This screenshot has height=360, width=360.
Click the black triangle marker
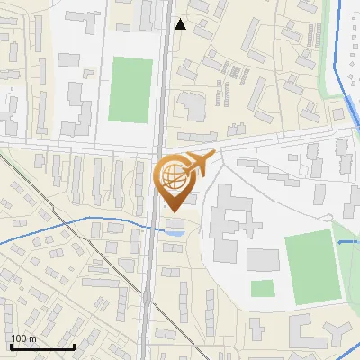coord(180,24)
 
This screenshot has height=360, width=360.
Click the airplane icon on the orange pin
coord(199,164)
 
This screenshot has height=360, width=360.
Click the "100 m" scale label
coord(23,338)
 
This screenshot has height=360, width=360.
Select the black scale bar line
coord(42,346)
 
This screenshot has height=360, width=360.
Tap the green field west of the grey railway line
coord(130,89)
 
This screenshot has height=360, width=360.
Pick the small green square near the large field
coord(262,289)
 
